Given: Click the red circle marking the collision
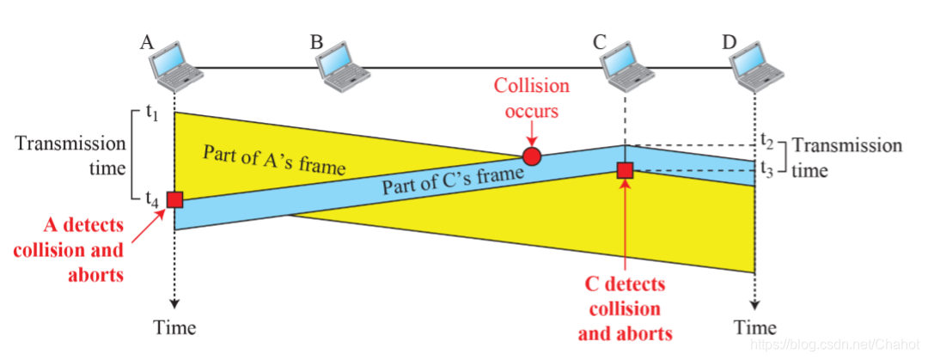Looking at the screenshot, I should pyautogui.click(x=532, y=156).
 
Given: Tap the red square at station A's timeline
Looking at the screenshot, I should pyautogui.click(x=175, y=199).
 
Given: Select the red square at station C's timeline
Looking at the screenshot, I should pyautogui.click(x=625, y=171).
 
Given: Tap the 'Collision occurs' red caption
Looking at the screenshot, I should pyautogui.click(x=532, y=98).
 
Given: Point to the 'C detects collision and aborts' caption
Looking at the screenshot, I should pyautogui.click(x=626, y=308).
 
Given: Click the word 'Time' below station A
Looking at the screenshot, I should pyautogui.click(x=174, y=327).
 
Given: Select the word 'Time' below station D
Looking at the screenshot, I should pyautogui.click(x=755, y=327).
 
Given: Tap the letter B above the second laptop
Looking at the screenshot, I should pyautogui.click(x=317, y=42).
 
